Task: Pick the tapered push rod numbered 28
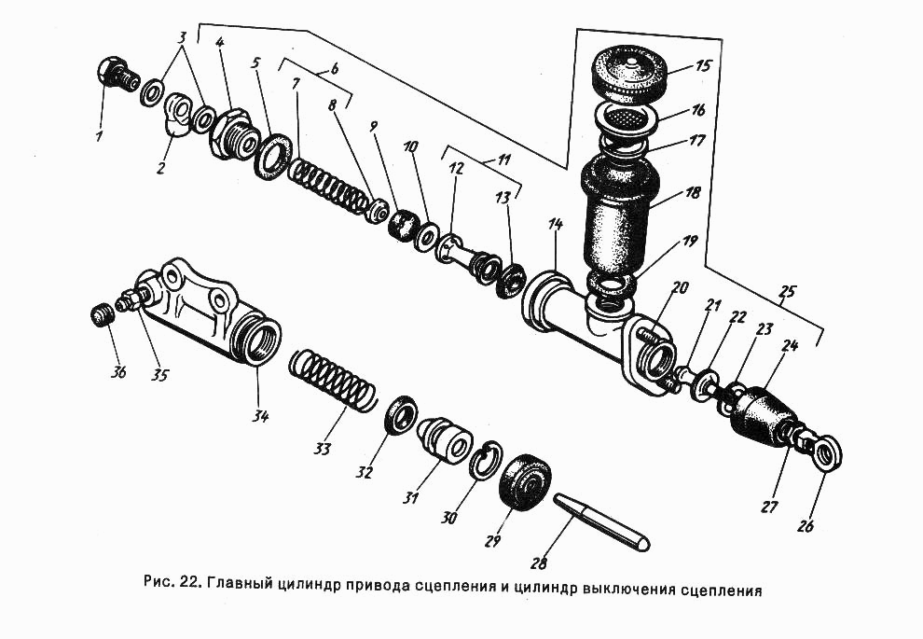pos(601,521)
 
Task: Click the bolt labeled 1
pos(114,72)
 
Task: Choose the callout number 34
pos(259,416)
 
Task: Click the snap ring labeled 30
pos(482,460)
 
